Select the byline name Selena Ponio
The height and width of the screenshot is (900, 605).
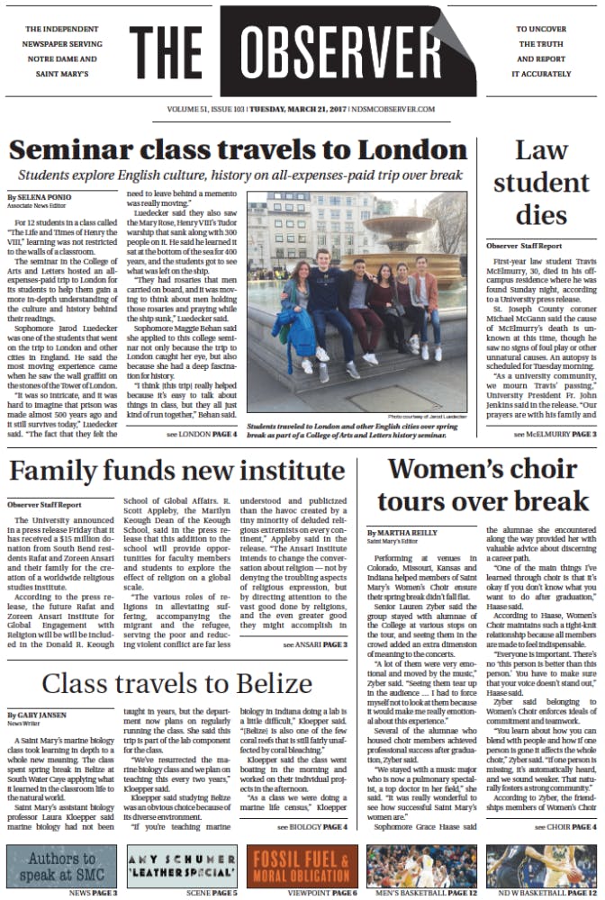[x=41, y=196]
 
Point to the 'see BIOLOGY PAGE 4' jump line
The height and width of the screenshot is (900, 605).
[x=311, y=825]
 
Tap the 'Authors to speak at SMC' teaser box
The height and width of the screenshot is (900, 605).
[x=62, y=864]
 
